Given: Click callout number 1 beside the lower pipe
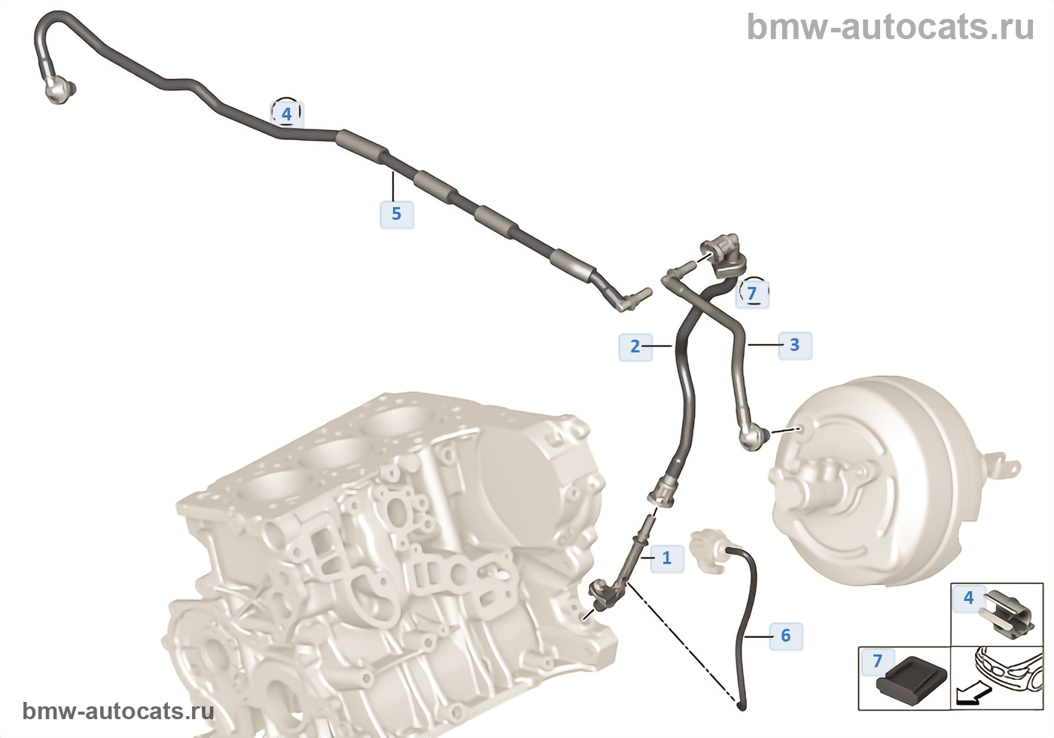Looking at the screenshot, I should (x=666, y=558).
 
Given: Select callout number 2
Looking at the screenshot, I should (x=635, y=346).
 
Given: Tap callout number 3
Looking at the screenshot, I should (x=794, y=345).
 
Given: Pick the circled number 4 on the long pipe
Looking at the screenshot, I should (x=286, y=114).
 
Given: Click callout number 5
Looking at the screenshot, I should (x=396, y=214).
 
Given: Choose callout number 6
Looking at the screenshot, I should (x=785, y=636).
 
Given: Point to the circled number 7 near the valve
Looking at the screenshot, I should (x=751, y=292).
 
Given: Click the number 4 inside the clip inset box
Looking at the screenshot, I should (x=968, y=598).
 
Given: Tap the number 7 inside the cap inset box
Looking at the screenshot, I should (x=877, y=661).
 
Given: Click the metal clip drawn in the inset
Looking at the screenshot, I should (x=1005, y=612).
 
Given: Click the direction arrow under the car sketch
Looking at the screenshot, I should (x=972, y=694).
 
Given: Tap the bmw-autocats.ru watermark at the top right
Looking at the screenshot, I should (x=890, y=27).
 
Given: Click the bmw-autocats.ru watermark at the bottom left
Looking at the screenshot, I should (x=118, y=711).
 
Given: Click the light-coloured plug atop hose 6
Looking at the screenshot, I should (x=707, y=550).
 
